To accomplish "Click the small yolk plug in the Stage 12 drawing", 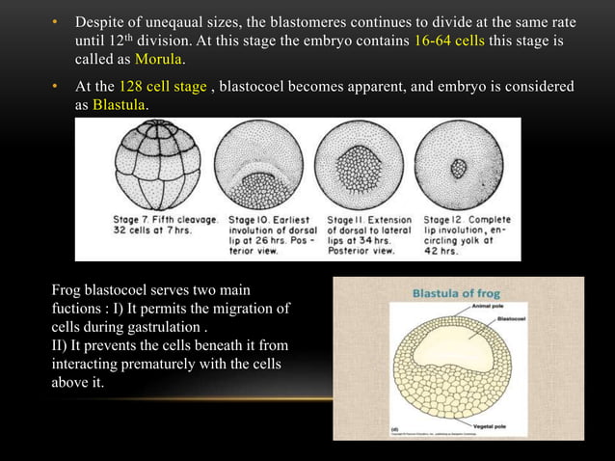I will pos(459,168).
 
